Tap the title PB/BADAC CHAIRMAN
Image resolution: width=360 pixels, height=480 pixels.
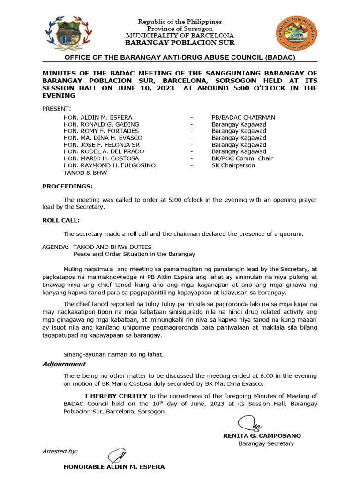pos(243,117)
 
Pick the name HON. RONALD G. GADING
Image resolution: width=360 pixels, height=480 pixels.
pos(101,124)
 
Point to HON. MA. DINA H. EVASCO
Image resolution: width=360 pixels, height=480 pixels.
pos(103,138)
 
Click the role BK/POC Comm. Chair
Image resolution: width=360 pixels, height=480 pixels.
pos(242,158)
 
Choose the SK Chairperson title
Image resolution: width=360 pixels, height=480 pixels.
pos(233,165)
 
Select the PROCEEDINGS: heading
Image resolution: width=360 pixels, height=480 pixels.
pos(67,186)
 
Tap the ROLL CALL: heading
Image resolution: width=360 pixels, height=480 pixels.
pos(61,220)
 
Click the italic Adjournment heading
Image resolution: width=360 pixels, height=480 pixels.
pos(64,364)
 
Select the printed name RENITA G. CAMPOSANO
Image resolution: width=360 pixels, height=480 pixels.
pos(262,435)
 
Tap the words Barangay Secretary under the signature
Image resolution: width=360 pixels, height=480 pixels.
pos(266,443)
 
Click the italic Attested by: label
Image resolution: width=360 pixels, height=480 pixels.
pos(60,451)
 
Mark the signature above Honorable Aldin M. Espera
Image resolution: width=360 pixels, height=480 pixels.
pos(114,455)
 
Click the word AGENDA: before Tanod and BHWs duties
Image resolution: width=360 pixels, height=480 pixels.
pos(55,247)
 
